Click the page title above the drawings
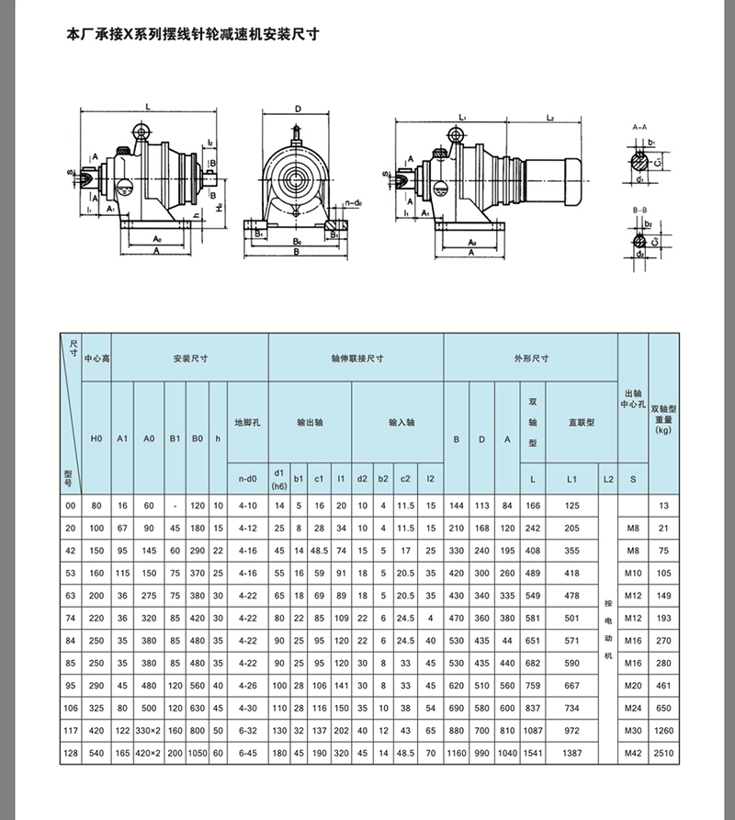193,37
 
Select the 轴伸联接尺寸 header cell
356,359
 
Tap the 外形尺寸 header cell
530,359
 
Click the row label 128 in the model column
70,753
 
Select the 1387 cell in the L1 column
571,753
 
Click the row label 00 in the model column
70,507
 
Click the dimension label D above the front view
298,108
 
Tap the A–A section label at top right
640,123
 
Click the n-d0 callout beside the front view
351,199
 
